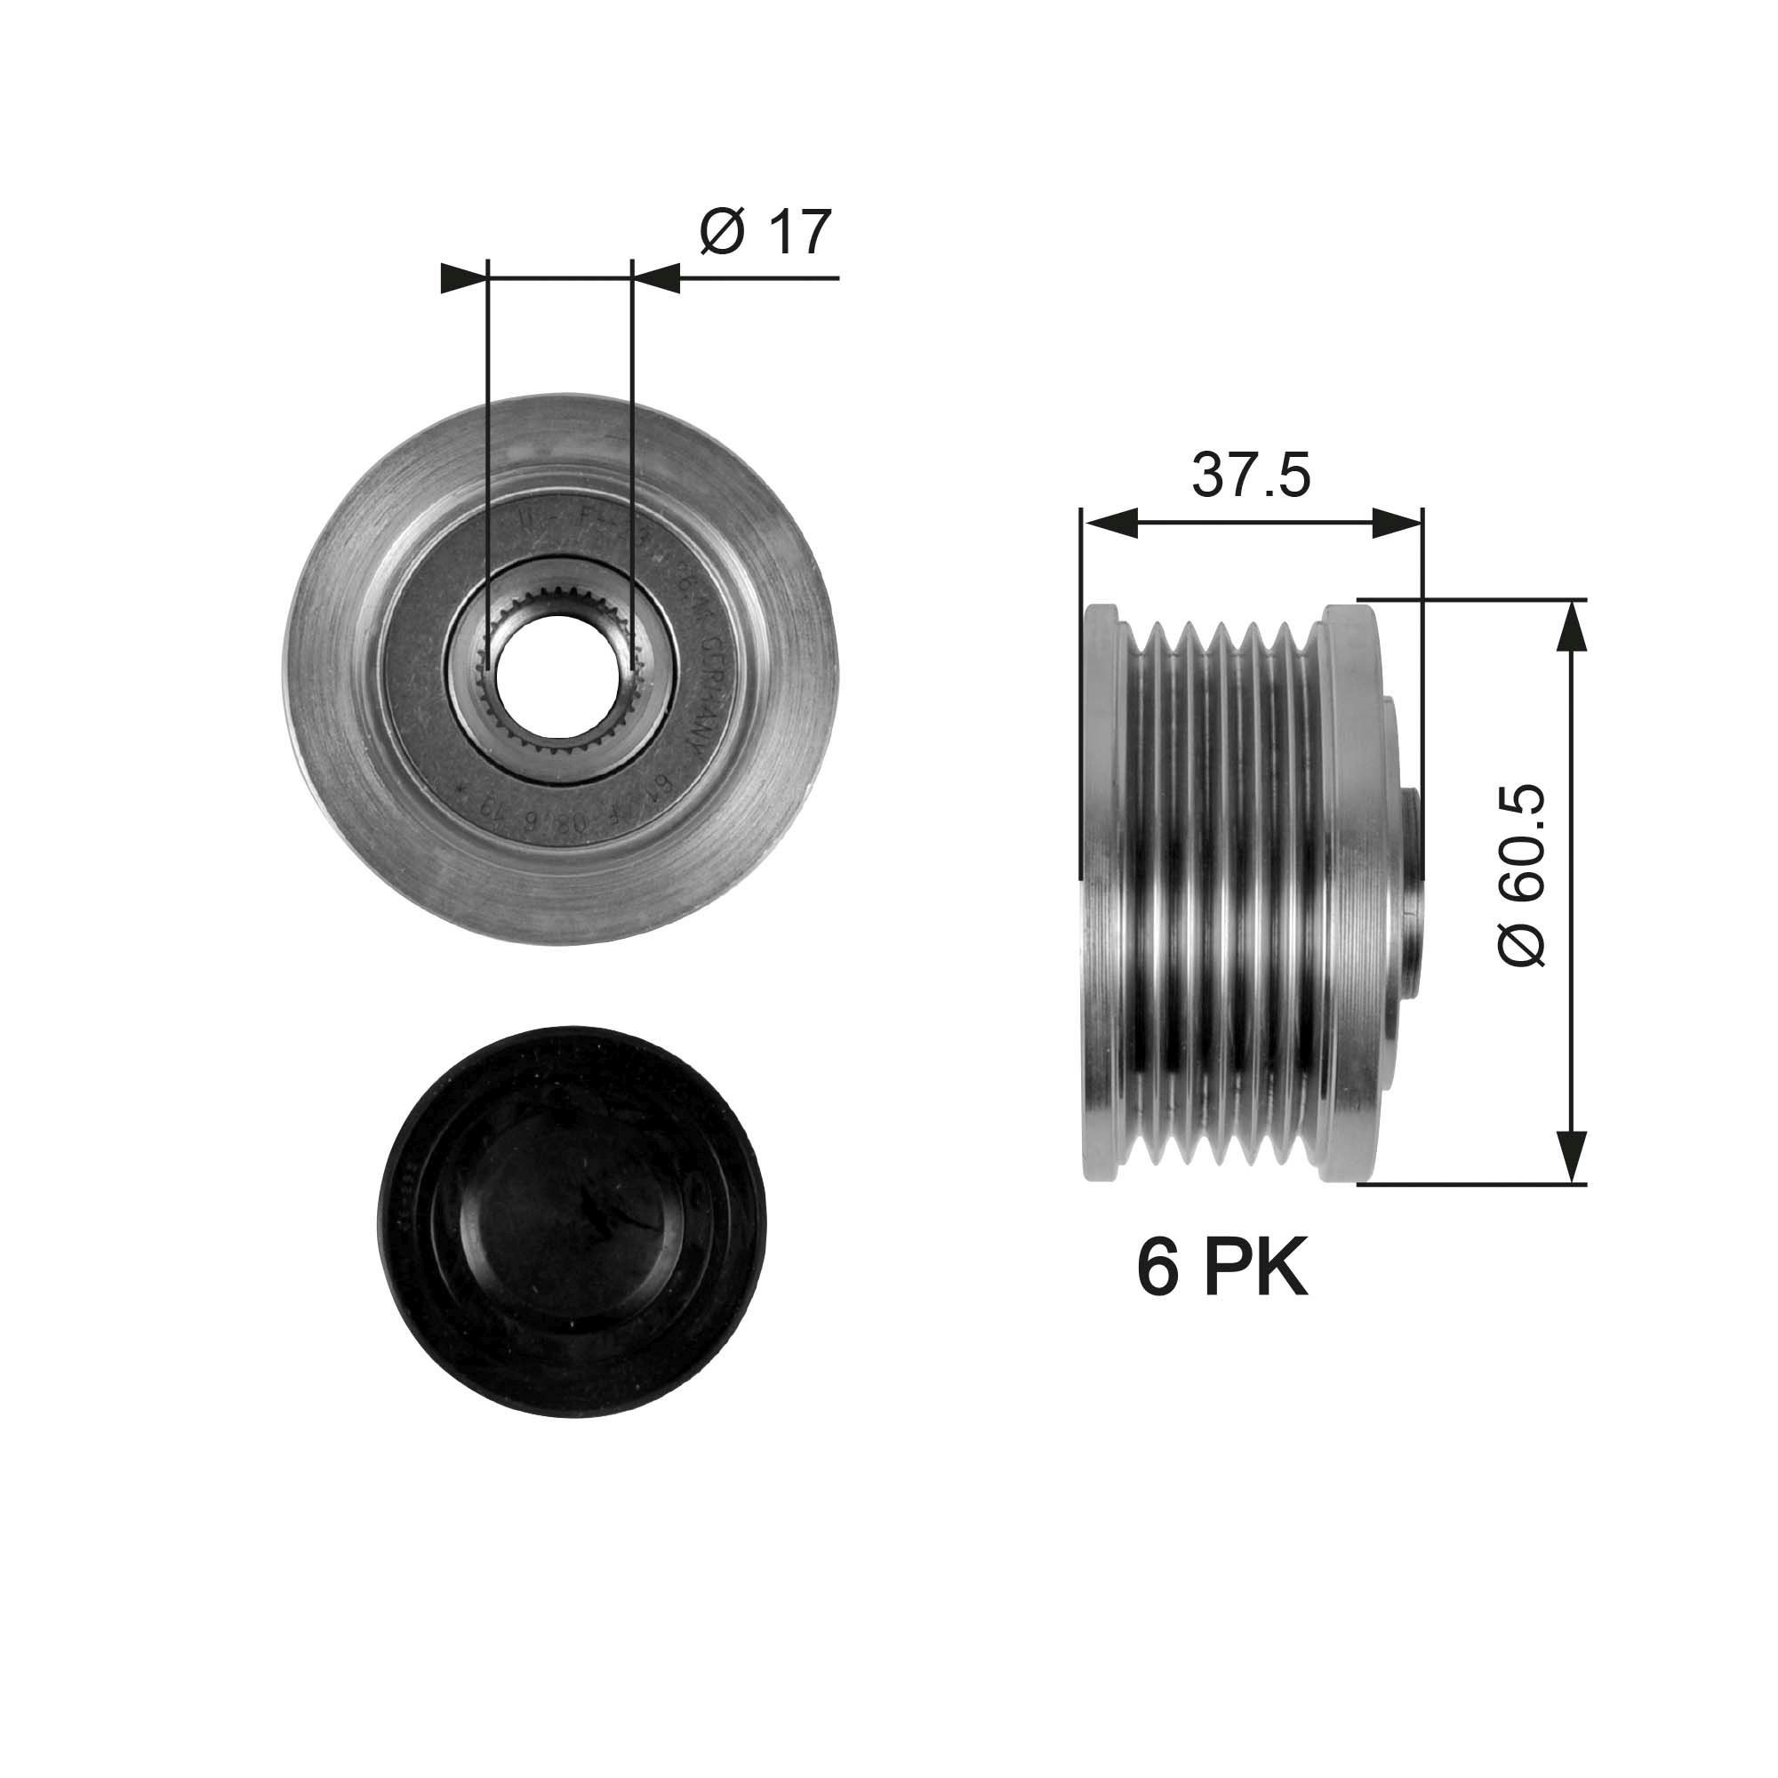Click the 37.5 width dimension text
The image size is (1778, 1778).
tap(1251, 475)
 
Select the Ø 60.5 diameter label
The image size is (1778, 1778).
tap(1522, 874)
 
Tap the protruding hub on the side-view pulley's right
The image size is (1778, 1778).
tap(1410, 891)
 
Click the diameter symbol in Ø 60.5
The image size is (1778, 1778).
tap(1522, 943)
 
